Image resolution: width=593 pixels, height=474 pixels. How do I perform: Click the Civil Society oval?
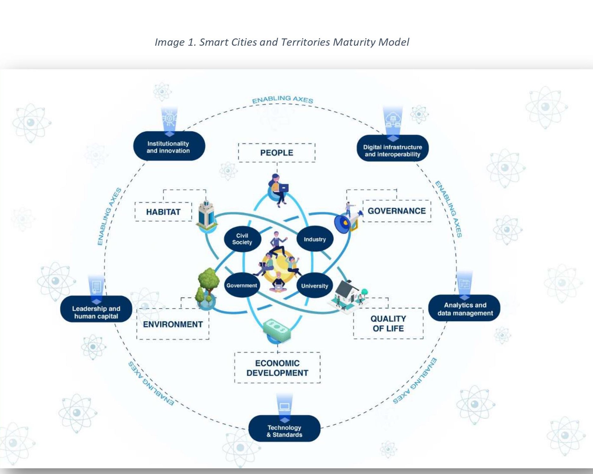(242, 239)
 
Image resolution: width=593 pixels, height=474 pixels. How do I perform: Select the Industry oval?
(315, 239)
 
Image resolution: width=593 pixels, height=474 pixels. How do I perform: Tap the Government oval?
(242, 285)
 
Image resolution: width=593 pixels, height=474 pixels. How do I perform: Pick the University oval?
(314, 286)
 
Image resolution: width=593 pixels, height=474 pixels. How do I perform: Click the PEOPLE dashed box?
(277, 153)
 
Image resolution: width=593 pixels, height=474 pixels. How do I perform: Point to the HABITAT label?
(163, 212)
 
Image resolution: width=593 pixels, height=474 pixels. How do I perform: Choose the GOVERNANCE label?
(396, 211)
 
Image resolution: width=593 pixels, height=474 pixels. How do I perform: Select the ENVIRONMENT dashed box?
(173, 324)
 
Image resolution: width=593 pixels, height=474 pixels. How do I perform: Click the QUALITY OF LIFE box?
(388, 324)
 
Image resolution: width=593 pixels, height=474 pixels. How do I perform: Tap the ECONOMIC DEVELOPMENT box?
(277, 368)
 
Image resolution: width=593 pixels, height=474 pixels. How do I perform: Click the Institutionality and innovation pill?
(168, 147)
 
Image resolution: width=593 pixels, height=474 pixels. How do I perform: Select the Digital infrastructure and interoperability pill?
(393, 150)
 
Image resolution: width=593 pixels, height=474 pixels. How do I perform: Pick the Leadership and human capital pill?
(96, 312)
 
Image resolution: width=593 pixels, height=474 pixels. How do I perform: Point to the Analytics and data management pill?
(465, 309)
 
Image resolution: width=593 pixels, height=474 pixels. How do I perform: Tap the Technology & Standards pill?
(284, 431)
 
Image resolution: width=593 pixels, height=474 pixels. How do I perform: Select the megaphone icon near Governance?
(345, 221)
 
